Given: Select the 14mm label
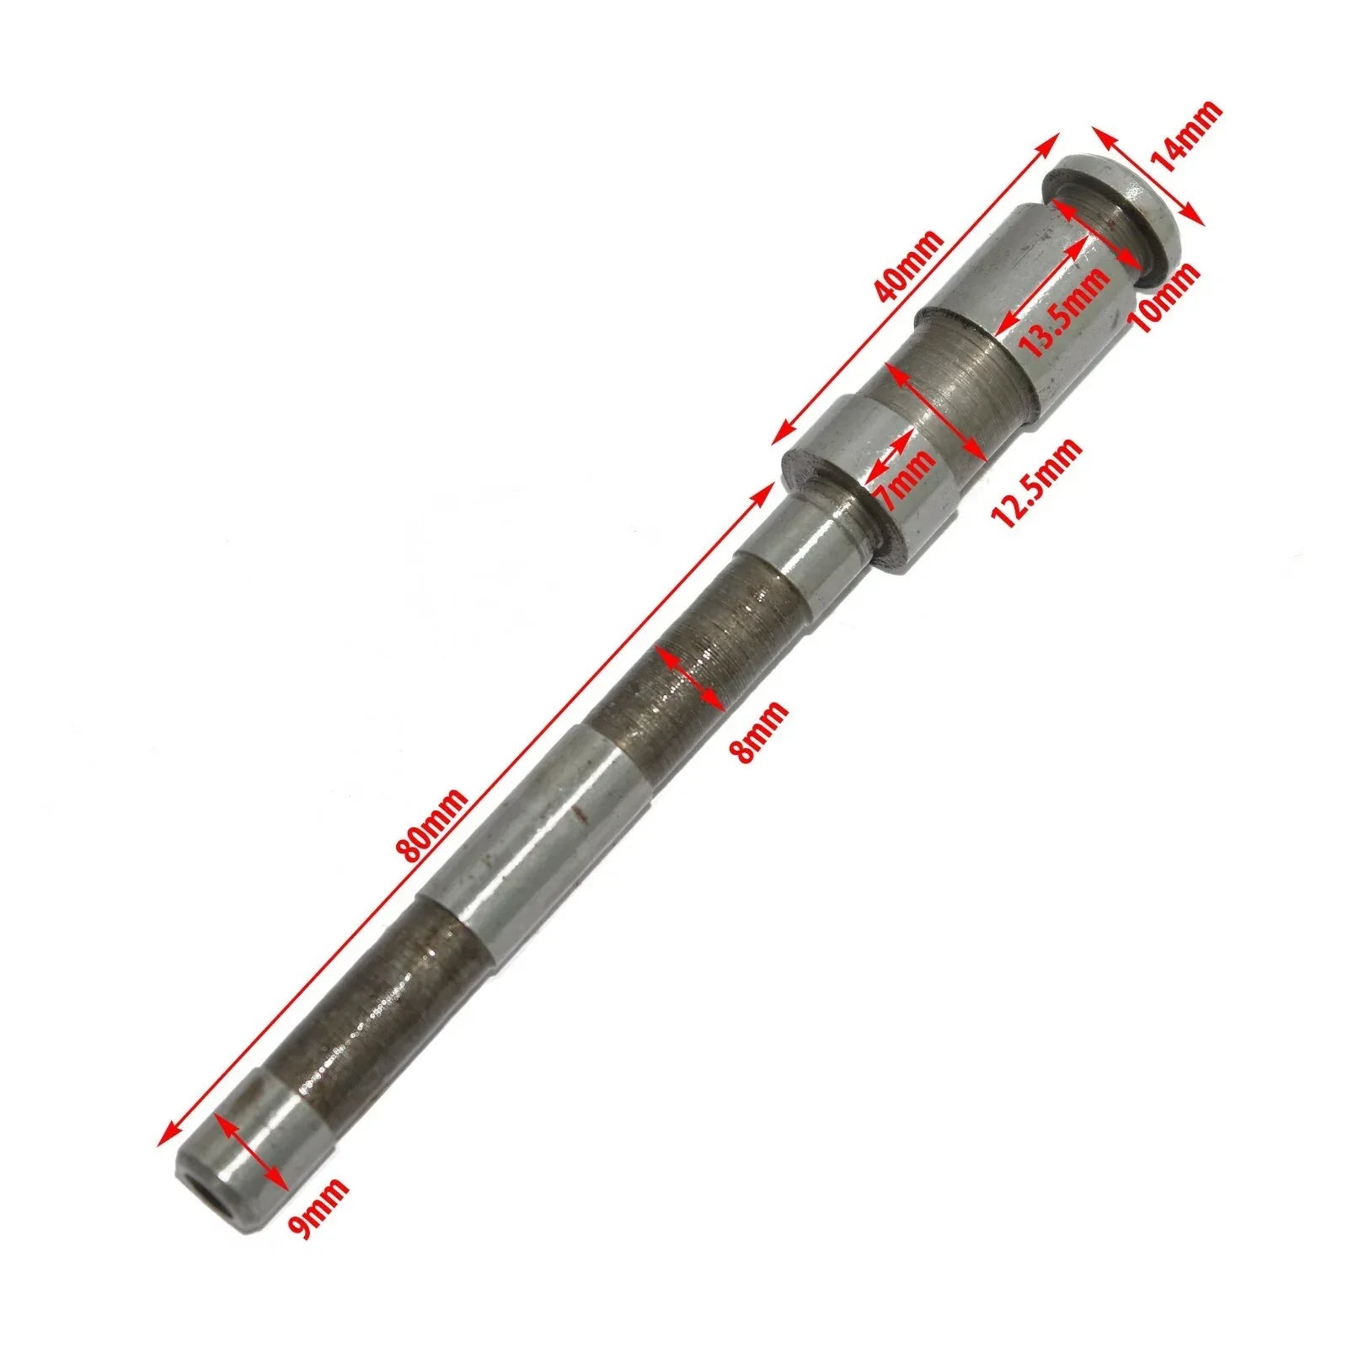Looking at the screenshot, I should tap(1188, 136).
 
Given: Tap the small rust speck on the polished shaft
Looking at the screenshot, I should tap(576, 814).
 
